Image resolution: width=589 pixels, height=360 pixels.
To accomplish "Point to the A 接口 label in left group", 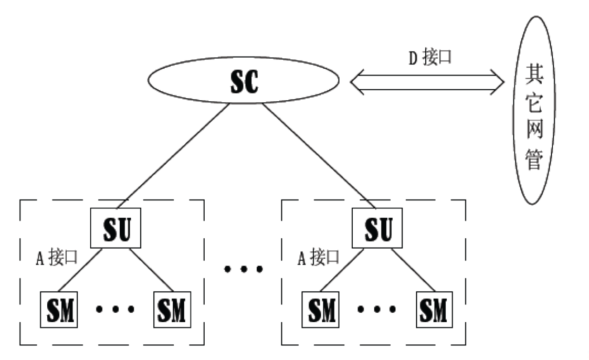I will pos(56,258).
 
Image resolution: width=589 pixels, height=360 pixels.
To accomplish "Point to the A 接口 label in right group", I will pos(318,258).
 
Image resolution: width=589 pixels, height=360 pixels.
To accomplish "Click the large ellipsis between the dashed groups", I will pos(243,270).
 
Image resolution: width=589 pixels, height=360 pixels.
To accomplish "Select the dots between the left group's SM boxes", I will pos(115,309).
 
